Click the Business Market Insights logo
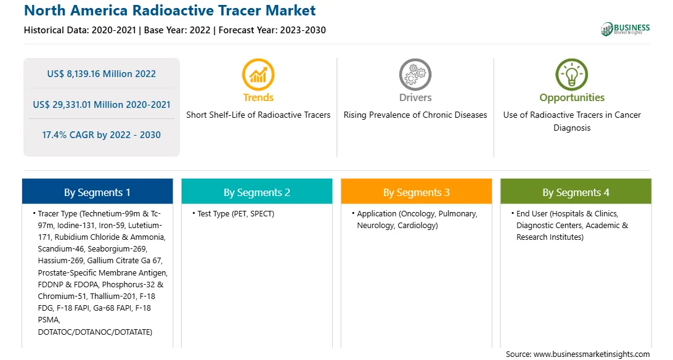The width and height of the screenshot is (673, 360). coord(625,29)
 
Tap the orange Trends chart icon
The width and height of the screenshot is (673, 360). coord(258,75)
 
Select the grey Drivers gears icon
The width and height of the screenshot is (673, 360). coord(415,75)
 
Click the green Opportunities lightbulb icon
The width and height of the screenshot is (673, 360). coord(572,75)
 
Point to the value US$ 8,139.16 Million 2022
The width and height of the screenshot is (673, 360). coord(101,74)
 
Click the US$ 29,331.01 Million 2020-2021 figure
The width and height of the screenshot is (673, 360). coord(102,105)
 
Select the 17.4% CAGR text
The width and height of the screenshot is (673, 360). coord(101,135)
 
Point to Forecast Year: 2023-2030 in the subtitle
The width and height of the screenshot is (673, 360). coord(272,30)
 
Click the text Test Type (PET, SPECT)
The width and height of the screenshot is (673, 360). coord(235,214)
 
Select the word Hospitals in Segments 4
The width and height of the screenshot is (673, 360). coord(568,214)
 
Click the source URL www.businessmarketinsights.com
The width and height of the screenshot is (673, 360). coord(591,354)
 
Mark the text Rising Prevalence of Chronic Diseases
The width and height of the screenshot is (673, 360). coord(415,115)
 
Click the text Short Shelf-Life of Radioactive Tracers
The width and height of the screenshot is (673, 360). coord(258,115)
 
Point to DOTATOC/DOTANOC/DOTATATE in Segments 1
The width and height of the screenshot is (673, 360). coord(95,332)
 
